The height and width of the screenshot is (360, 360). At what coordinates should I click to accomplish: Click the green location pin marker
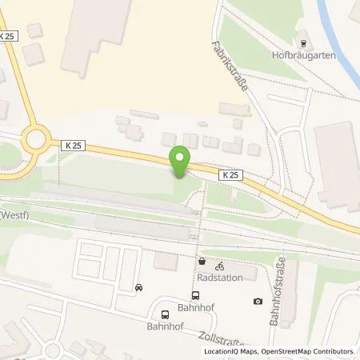point(180,161)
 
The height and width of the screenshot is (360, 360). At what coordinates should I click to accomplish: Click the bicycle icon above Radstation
point(220,264)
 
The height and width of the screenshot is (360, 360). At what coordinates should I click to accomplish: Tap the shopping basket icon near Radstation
point(202,263)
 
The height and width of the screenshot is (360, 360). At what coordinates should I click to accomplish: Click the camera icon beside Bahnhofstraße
point(258,301)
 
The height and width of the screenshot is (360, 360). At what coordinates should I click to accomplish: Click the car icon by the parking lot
point(139,287)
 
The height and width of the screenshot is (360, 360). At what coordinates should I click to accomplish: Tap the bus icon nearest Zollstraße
point(165,314)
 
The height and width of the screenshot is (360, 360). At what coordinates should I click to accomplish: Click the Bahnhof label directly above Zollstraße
point(165,327)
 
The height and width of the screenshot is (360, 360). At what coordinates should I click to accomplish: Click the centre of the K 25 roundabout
point(36,142)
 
